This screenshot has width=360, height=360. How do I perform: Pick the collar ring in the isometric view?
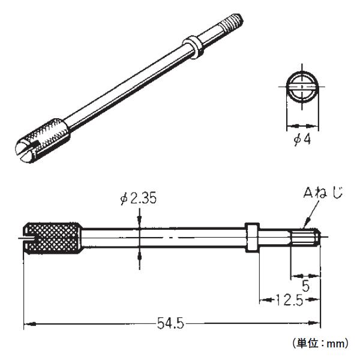pyautogui.click(x=193, y=45)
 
